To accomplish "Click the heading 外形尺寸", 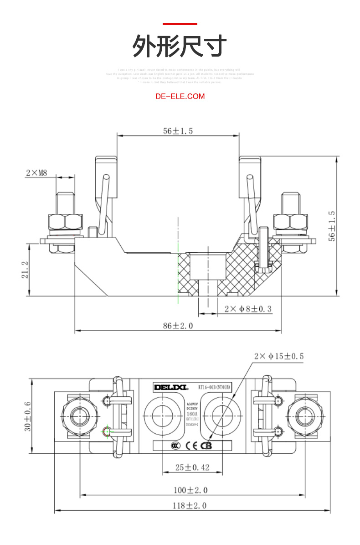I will (180, 46).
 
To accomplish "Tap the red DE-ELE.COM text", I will (180, 96).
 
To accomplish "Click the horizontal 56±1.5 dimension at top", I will (178, 131).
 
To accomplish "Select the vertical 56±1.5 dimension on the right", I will (332, 226).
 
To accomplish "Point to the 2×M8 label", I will (36, 173).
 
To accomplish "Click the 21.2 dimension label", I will (25, 270).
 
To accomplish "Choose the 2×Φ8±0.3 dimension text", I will (248, 309).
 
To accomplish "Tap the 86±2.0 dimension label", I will (178, 326).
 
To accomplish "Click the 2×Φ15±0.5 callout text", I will (278, 356).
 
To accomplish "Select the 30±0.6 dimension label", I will (27, 416).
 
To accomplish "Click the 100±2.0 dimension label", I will (190, 490).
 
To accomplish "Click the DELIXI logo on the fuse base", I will (170, 387).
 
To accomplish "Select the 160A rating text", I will (192, 414).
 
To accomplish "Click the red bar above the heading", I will (180, 24).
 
